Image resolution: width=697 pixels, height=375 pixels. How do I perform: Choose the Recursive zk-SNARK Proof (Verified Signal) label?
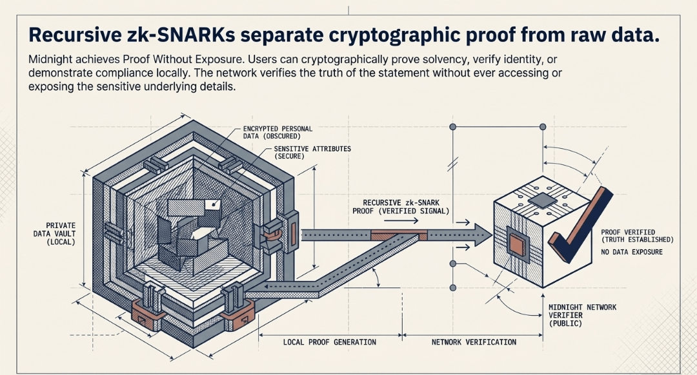point(401,206)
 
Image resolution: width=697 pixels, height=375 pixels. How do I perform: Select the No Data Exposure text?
point(631,252)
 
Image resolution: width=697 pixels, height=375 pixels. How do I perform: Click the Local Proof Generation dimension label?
point(329,341)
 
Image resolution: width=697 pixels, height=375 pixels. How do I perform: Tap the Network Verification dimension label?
point(473,341)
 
